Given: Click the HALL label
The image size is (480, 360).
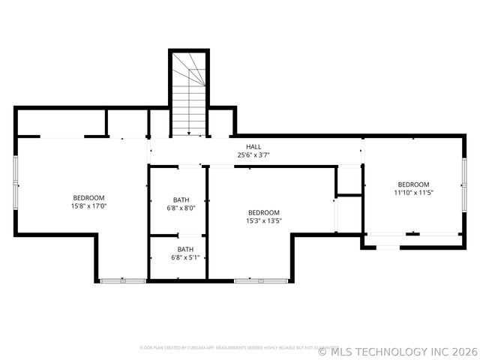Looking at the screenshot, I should [x=253, y=146].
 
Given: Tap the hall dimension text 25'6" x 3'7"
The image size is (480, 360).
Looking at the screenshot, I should [x=253, y=155].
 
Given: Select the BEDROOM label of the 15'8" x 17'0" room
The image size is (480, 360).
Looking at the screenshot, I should [x=88, y=197].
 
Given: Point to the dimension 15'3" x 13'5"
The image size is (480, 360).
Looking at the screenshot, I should [x=264, y=221].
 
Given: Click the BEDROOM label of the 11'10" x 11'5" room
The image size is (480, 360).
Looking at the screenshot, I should [x=413, y=184].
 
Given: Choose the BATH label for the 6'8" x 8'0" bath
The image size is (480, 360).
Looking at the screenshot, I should [x=181, y=199].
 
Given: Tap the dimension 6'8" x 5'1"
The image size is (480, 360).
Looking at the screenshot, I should [x=184, y=258].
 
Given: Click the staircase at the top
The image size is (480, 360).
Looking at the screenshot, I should [x=188, y=94].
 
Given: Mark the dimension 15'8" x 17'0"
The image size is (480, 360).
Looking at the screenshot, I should [x=88, y=206].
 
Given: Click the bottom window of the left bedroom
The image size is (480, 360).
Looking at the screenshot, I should [x=123, y=280].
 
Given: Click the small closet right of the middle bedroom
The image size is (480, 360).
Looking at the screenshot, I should [x=349, y=180].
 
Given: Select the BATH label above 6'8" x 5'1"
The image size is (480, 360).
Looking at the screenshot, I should [x=184, y=249].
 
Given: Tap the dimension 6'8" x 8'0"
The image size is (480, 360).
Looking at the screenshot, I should [x=181, y=208].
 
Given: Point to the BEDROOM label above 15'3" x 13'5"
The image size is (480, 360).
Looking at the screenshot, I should [x=264, y=212].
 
